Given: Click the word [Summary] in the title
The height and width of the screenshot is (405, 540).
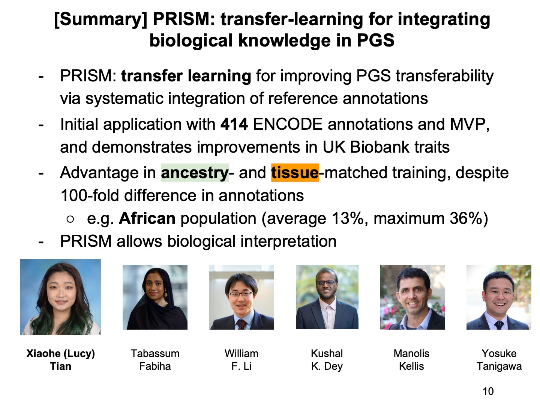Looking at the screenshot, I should [100, 19].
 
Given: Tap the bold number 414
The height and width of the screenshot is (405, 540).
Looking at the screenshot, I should [234, 124].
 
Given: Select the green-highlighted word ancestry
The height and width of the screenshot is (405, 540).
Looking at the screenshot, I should [195, 173].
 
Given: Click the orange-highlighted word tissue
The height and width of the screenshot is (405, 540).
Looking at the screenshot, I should [295, 173].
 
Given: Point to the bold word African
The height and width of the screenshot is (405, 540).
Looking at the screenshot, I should [147, 218].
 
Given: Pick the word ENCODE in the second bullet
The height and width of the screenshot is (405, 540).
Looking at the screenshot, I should [288, 124].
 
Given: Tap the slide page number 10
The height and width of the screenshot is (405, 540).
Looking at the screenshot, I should [488, 391].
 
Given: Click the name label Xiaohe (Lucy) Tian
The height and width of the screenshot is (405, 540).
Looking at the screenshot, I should [60, 360].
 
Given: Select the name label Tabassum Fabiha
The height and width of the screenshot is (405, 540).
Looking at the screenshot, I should [155, 360].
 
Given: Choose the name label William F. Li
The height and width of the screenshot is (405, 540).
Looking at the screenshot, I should [241, 360].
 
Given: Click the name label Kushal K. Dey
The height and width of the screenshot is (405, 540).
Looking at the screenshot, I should [327, 360].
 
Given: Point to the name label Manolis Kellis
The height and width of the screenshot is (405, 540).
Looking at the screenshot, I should [411, 360].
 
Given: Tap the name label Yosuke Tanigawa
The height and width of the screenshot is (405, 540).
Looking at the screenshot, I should [499, 360].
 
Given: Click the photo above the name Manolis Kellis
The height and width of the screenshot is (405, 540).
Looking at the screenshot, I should [412, 297].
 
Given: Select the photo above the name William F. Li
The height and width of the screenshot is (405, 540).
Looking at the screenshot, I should [241, 297].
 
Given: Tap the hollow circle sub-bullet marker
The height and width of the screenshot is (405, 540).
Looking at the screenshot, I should [70, 219].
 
